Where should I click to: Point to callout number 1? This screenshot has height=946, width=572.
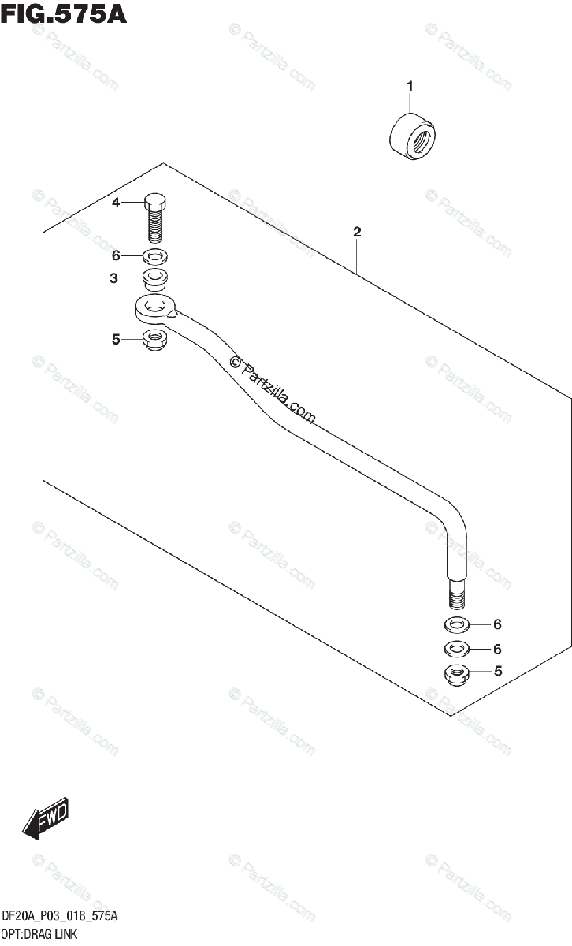tap(410, 85)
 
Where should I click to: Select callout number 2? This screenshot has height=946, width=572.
tap(357, 232)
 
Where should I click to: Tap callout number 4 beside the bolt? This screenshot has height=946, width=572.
tap(116, 203)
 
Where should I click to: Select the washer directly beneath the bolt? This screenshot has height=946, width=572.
tap(156, 256)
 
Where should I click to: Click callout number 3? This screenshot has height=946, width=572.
tap(114, 277)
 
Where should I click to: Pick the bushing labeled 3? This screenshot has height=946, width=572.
tap(156, 278)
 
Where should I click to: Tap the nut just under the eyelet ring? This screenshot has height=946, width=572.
tap(155, 341)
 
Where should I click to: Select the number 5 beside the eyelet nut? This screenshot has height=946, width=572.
tap(115, 340)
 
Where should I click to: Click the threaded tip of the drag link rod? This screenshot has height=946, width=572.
tap(456, 594)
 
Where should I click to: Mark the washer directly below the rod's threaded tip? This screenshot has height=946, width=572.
tap(456, 625)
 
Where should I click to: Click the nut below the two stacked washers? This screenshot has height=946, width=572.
tap(456, 674)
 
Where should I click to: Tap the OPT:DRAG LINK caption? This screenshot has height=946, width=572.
tap(39, 935)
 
